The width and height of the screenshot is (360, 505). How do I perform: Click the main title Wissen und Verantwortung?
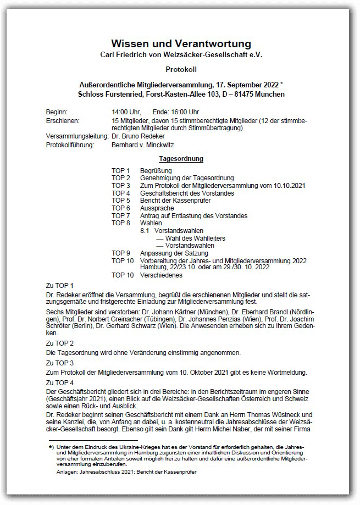(181, 43)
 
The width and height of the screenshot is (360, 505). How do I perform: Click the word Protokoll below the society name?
(181, 69)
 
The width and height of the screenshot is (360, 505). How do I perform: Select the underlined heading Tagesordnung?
(181, 159)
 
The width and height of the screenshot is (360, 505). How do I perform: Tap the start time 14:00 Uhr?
(126, 112)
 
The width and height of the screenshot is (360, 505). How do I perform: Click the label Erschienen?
(63, 120)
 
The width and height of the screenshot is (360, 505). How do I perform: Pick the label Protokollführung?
(70, 145)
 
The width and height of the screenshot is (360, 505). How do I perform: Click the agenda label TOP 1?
(121, 170)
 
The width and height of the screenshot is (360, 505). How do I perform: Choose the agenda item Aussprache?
(157, 208)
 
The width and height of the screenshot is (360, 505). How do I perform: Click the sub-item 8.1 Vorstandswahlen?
(171, 231)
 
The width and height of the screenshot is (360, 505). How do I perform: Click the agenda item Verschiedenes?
(161, 275)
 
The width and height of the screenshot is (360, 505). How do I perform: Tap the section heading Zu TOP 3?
(60, 364)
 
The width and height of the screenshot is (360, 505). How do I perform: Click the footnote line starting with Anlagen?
(126, 472)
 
